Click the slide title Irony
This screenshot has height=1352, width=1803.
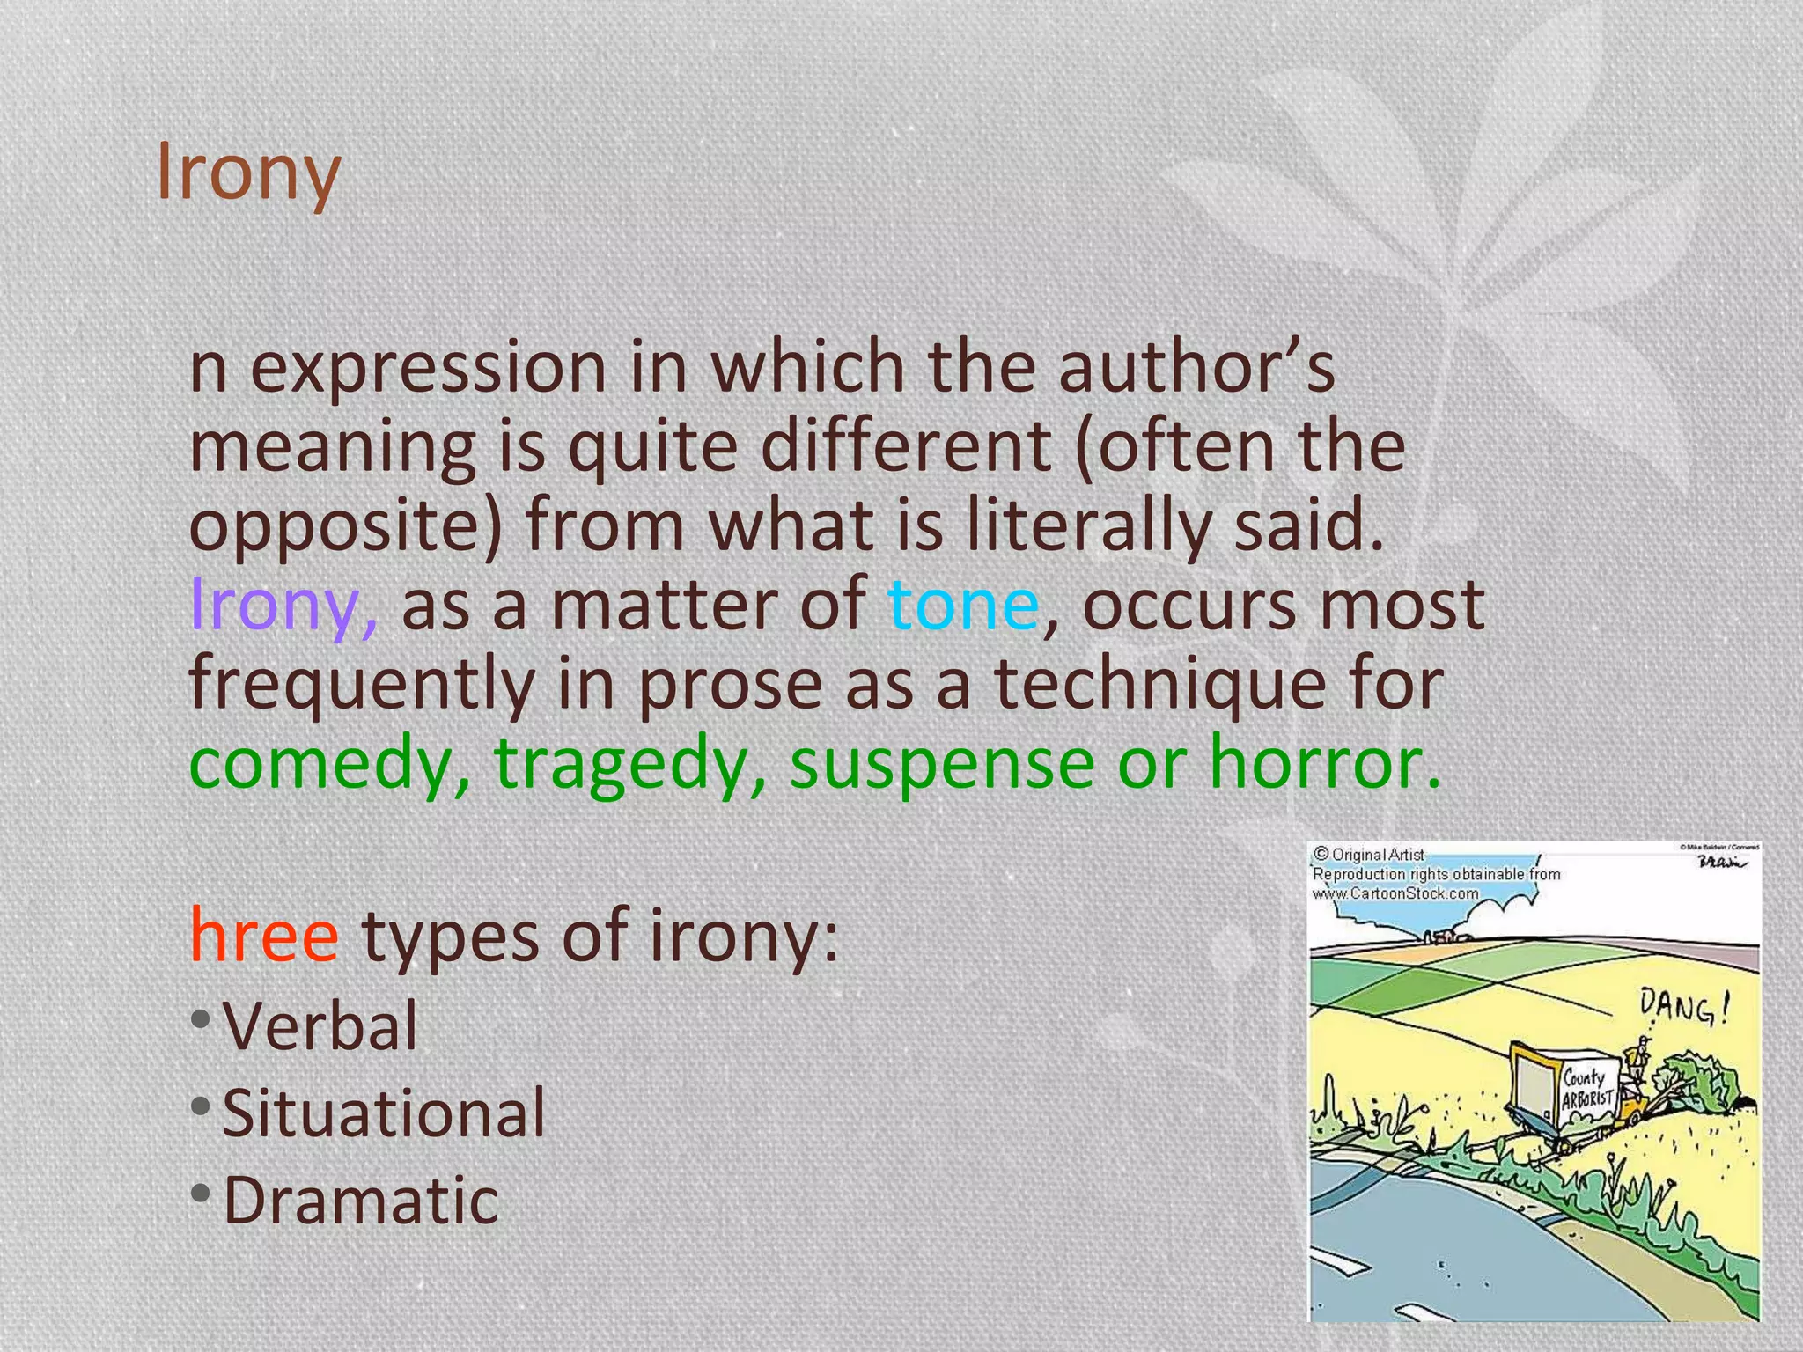pos(248,172)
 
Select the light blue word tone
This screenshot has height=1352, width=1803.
pos(963,606)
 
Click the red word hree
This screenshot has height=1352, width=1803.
pos(264,935)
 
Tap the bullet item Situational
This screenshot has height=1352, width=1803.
pos(384,1113)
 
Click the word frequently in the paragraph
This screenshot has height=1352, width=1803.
pos(361,685)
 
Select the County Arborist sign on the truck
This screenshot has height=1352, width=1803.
pos(1586,1089)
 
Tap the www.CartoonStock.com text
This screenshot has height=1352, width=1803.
pos(1395,893)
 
